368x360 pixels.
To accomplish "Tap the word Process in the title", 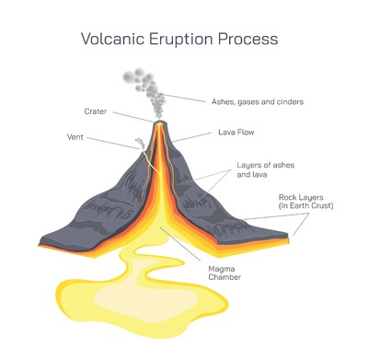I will (x=251, y=40).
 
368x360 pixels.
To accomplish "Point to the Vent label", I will (x=76, y=136).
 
